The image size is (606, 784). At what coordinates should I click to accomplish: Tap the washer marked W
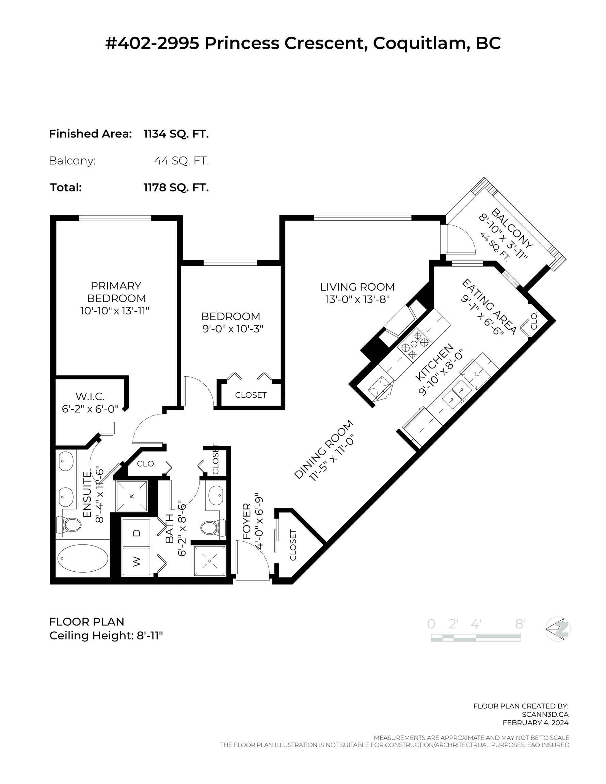[x=136, y=562]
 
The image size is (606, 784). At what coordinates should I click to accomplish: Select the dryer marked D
[x=136, y=533]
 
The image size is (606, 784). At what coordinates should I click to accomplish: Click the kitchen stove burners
[x=414, y=344]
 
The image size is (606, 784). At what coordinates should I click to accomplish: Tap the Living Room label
[x=357, y=287]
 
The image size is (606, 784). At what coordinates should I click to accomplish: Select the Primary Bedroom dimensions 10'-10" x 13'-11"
[x=114, y=311]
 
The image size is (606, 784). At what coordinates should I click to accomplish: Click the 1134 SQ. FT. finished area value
[x=176, y=134]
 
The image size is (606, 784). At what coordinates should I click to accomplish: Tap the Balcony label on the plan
[x=512, y=228]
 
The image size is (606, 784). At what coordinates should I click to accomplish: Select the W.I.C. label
[x=90, y=397]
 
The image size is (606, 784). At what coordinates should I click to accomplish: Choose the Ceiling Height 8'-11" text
[x=106, y=635]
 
